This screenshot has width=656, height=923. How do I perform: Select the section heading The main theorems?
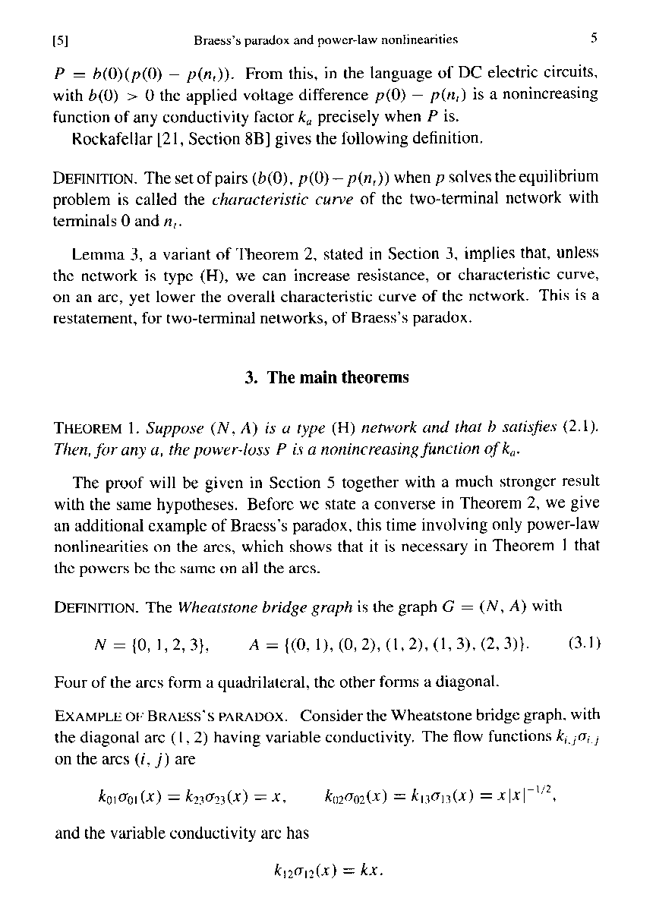coord(327,377)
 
